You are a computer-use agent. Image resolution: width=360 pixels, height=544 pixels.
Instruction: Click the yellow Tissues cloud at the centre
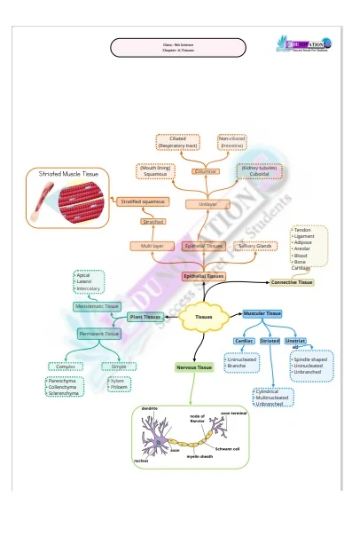click(204, 318)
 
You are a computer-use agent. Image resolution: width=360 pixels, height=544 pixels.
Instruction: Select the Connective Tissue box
click(292, 282)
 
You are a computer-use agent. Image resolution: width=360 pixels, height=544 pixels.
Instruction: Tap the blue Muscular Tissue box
click(262, 313)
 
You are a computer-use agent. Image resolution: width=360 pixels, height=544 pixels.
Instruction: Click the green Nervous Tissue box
click(194, 367)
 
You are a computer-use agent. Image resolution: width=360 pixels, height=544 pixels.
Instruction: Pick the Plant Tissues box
click(145, 317)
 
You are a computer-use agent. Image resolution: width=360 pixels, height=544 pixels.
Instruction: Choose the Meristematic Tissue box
click(98, 307)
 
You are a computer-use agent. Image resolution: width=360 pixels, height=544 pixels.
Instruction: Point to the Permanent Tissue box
click(99, 334)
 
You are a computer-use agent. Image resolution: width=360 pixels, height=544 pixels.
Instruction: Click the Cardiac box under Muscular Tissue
click(244, 341)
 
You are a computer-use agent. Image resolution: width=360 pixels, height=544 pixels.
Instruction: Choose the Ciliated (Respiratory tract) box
click(178, 142)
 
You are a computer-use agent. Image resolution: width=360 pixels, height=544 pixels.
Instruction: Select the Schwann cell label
click(228, 449)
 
